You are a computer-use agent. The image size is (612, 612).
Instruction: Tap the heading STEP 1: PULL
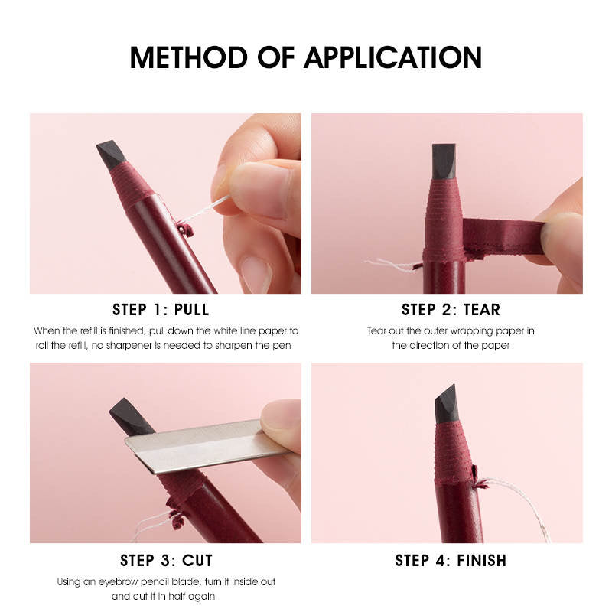click(161, 310)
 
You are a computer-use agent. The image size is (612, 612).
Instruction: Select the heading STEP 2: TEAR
click(451, 310)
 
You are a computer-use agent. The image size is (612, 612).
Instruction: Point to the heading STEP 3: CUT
click(166, 560)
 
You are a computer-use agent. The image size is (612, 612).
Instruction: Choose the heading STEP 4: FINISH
click(451, 560)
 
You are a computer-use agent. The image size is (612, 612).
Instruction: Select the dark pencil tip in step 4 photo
click(447, 403)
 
